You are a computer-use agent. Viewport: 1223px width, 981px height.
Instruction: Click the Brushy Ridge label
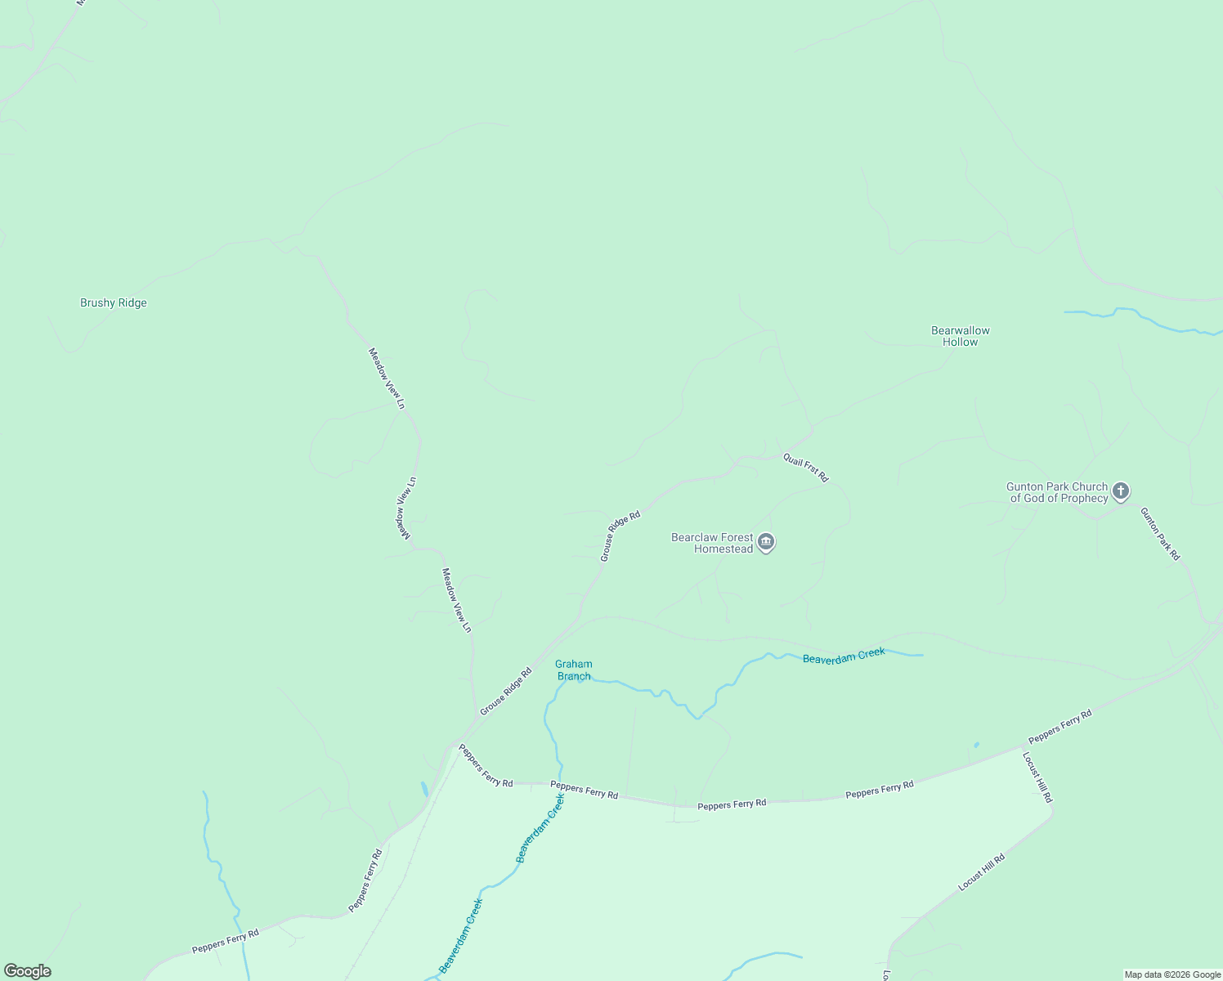tap(114, 303)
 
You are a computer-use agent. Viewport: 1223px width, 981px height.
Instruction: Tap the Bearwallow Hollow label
tap(961, 336)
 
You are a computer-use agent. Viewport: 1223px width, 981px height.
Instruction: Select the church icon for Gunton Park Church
tap(1121, 491)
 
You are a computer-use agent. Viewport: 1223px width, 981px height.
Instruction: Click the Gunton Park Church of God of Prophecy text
tap(1057, 492)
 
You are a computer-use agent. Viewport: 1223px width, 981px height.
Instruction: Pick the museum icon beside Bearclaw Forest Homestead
tap(766, 542)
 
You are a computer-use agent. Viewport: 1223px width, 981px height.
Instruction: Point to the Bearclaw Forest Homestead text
tap(712, 543)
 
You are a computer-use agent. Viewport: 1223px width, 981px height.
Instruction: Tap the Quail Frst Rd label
tap(806, 468)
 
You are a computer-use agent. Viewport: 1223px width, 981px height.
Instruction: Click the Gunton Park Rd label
tap(1160, 534)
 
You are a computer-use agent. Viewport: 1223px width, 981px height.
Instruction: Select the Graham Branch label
tap(574, 670)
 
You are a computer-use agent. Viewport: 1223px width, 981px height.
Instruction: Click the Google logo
tap(28, 971)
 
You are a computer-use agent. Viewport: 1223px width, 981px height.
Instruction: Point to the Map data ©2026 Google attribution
tap(1172, 974)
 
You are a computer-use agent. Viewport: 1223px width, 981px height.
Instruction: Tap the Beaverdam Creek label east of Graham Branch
tap(844, 656)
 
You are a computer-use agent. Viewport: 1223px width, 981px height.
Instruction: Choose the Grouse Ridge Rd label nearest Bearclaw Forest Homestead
tap(620, 536)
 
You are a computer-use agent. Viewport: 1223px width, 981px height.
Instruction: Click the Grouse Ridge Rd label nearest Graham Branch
tap(506, 692)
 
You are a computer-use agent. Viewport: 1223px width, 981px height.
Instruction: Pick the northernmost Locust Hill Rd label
tap(1037, 777)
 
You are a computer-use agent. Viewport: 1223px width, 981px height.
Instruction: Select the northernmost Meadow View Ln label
tap(386, 379)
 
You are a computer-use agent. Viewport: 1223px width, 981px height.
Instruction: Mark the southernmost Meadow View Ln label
tap(457, 600)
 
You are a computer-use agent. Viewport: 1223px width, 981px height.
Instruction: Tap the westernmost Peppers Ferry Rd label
tap(226, 941)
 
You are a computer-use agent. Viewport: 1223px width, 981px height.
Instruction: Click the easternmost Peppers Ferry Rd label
tap(1060, 727)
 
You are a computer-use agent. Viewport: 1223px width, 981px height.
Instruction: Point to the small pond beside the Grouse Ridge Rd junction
tap(423, 789)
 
